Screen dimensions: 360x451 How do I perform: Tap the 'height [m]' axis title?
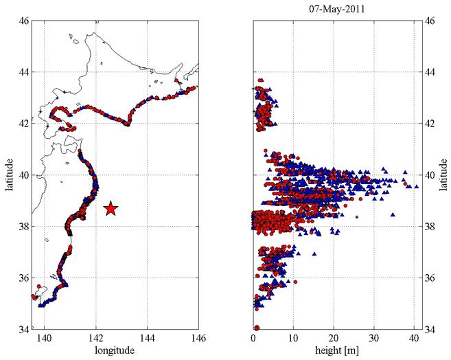point(334,351)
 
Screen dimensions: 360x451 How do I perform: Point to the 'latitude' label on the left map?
point(10,175)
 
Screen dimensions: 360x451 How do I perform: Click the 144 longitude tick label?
point(147,338)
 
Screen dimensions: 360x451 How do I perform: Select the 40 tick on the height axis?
point(414,338)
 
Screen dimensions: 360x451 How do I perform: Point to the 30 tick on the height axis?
point(374,338)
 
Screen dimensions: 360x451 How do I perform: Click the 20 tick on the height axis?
point(334,338)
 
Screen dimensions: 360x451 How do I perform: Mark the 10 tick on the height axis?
point(294,338)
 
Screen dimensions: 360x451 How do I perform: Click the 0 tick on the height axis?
point(255,338)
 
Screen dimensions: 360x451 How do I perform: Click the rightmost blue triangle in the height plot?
point(415,185)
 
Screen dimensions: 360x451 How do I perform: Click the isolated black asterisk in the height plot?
point(356,217)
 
